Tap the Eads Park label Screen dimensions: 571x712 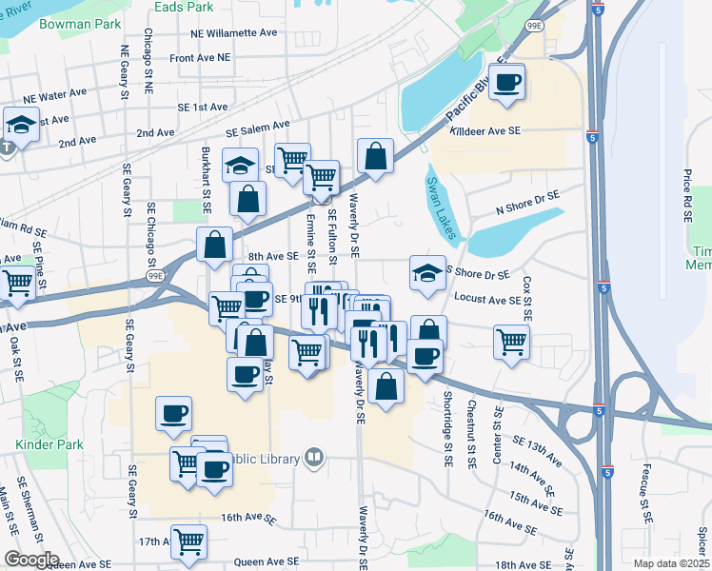185,6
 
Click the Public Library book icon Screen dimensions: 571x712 312,459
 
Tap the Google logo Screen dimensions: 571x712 31,560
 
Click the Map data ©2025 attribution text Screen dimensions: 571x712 670,563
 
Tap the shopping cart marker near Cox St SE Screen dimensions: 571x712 511,340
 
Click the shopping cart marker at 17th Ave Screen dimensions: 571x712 189,541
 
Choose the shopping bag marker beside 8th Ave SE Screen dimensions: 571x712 214,243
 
